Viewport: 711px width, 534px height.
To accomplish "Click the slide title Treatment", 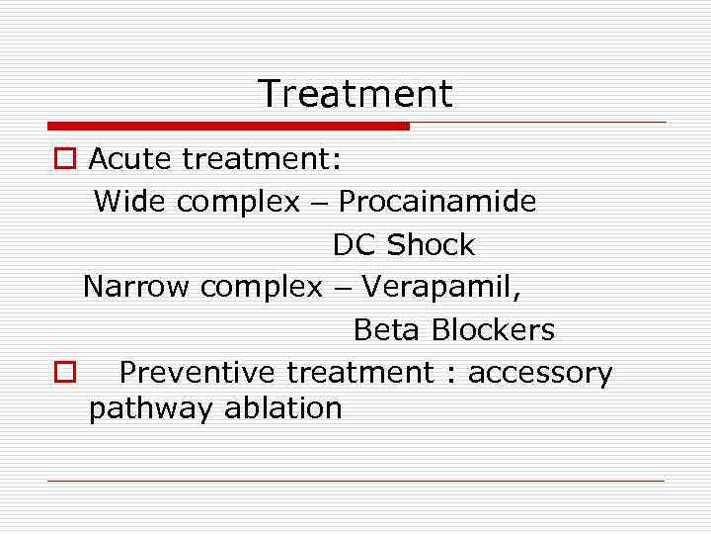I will pyautogui.click(x=355, y=94).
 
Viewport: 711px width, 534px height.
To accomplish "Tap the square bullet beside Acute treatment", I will pyautogui.click(x=63, y=159).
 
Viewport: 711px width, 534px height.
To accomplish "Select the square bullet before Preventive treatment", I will pyautogui.click(x=63, y=373).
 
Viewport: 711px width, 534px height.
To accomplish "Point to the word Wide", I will pyautogui.click(x=130, y=202).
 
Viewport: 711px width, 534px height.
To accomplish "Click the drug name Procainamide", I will pyautogui.click(x=437, y=202).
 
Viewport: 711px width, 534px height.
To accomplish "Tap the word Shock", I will pyautogui.click(x=432, y=244).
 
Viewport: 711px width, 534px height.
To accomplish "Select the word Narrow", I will pyautogui.click(x=136, y=287).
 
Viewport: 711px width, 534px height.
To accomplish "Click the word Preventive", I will pyautogui.click(x=197, y=373).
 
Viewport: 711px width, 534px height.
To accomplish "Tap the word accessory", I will pyautogui.click(x=540, y=374).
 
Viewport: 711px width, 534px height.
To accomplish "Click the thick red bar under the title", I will pyautogui.click(x=228, y=126).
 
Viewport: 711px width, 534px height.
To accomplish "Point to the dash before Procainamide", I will pyautogui.click(x=319, y=204).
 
